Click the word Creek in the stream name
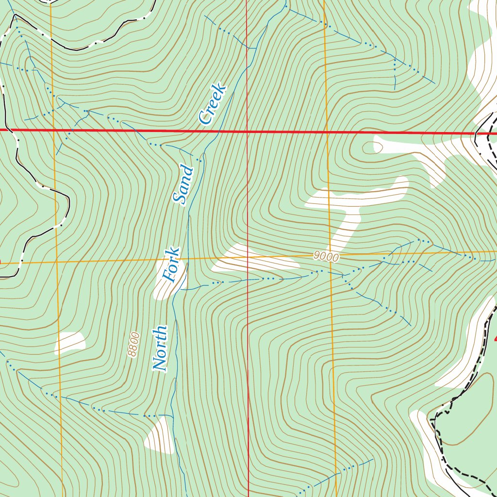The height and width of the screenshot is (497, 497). point(213,104)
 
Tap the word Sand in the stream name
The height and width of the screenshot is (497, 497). point(183,185)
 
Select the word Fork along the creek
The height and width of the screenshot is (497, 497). point(171,265)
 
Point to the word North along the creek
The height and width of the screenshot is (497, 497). point(160,348)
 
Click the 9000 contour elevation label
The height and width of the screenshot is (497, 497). point(326,257)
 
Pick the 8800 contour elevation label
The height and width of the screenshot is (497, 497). point(134,345)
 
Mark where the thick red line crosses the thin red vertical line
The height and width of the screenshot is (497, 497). point(247,131)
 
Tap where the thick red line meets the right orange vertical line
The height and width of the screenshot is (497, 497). point(326,132)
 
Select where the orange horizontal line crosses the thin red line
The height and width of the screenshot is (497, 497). point(248,257)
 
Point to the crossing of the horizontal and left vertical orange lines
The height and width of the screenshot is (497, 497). point(56,261)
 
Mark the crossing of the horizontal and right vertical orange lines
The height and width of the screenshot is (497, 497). point(330,255)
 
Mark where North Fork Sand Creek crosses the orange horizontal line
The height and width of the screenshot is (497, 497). point(186,259)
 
